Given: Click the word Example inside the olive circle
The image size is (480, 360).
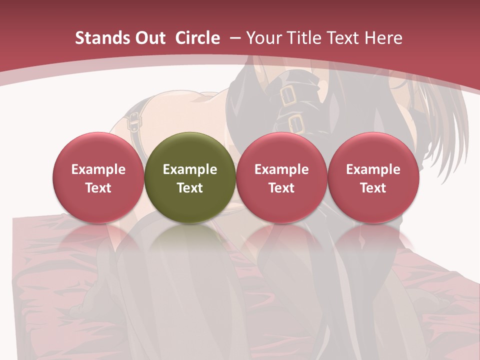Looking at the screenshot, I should point(190,169).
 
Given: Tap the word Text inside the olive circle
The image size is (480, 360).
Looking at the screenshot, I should point(190,188).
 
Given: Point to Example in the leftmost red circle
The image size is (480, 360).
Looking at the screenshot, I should point(98,169).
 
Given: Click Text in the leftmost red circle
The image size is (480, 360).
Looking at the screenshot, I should point(98,188).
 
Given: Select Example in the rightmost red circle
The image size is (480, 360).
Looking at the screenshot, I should point(373,169).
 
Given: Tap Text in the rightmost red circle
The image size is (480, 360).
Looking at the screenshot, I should point(373,188).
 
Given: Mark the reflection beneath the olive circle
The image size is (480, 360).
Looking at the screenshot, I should point(190,240).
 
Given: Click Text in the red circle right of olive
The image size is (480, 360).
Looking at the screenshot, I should point(281,188).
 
